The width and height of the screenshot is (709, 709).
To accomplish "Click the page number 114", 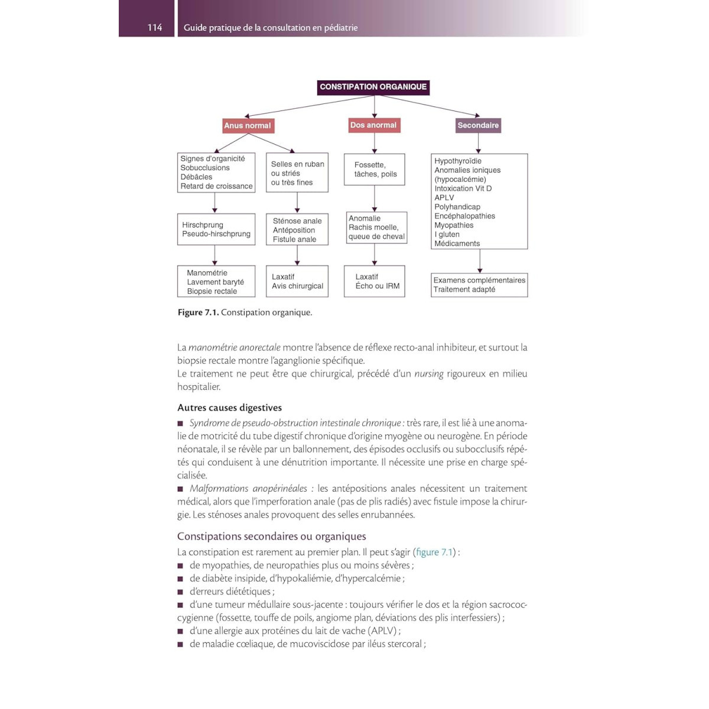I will (x=154, y=27).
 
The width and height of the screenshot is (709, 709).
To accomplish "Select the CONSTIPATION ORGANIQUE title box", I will (x=373, y=87).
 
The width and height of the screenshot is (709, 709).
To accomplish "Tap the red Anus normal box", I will (x=248, y=125).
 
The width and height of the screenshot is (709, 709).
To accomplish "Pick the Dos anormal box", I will (x=373, y=125).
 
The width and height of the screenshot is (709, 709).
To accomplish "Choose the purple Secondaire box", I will (x=478, y=125).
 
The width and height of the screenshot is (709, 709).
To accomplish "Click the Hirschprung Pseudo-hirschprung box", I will (x=216, y=229).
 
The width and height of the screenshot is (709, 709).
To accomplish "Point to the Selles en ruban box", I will (x=297, y=173).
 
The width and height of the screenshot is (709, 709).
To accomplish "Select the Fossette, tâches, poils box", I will (x=375, y=170).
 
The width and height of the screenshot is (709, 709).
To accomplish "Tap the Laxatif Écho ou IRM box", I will (x=375, y=281).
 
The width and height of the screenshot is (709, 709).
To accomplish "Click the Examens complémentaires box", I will (x=479, y=285).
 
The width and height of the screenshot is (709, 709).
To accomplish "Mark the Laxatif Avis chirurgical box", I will (x=297, y=281).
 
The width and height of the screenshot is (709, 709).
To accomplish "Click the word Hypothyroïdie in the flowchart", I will (x=458, y=161).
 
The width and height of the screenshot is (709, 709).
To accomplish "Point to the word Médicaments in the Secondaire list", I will (x=457, y=243).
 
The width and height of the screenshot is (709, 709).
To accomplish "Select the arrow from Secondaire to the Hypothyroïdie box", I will (x=479, y=143).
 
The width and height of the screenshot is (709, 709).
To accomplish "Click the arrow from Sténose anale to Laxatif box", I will (x=297, y=255).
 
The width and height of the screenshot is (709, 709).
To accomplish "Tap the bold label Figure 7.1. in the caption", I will (x=198, y=313).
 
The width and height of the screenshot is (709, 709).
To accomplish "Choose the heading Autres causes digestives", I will (x=229, y=408).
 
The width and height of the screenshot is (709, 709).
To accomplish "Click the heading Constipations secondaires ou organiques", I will (x=272, y=536).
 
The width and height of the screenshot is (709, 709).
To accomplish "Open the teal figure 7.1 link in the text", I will (x=434, y=552).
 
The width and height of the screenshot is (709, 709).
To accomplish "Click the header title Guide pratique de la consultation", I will (x=271, y=28).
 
